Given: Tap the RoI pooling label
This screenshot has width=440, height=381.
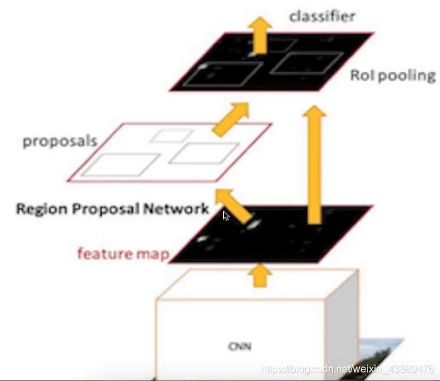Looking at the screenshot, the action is coord(393,76).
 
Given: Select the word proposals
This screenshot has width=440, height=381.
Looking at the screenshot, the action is coord(60,140).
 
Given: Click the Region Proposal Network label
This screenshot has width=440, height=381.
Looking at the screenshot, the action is coord(112,208).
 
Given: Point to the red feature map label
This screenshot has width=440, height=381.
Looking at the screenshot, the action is coord(123,255).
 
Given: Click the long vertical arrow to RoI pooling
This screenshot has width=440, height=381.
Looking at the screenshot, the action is coord(313,165).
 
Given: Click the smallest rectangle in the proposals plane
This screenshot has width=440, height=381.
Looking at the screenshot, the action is coord(170,135).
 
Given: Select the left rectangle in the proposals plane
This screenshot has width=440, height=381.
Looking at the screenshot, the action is coord(120,164).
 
